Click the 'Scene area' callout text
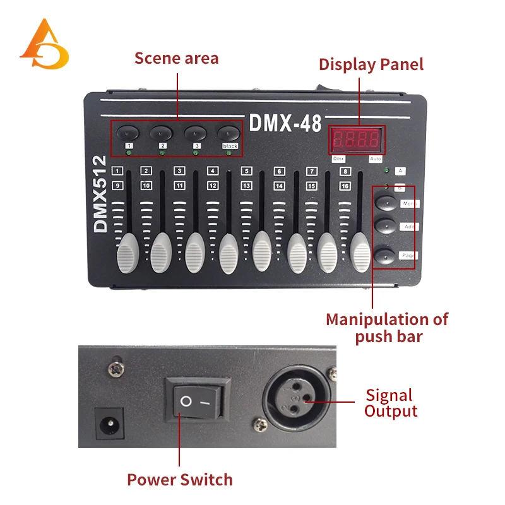point(176,59)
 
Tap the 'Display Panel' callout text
point(371,64)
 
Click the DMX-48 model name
point(285,123)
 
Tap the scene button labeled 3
point(195,133)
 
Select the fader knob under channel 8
point(360,251)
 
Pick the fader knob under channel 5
point(262,248)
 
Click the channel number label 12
point(213,186)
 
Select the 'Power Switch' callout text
point(180,480)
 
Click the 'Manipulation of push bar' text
point(386,328)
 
